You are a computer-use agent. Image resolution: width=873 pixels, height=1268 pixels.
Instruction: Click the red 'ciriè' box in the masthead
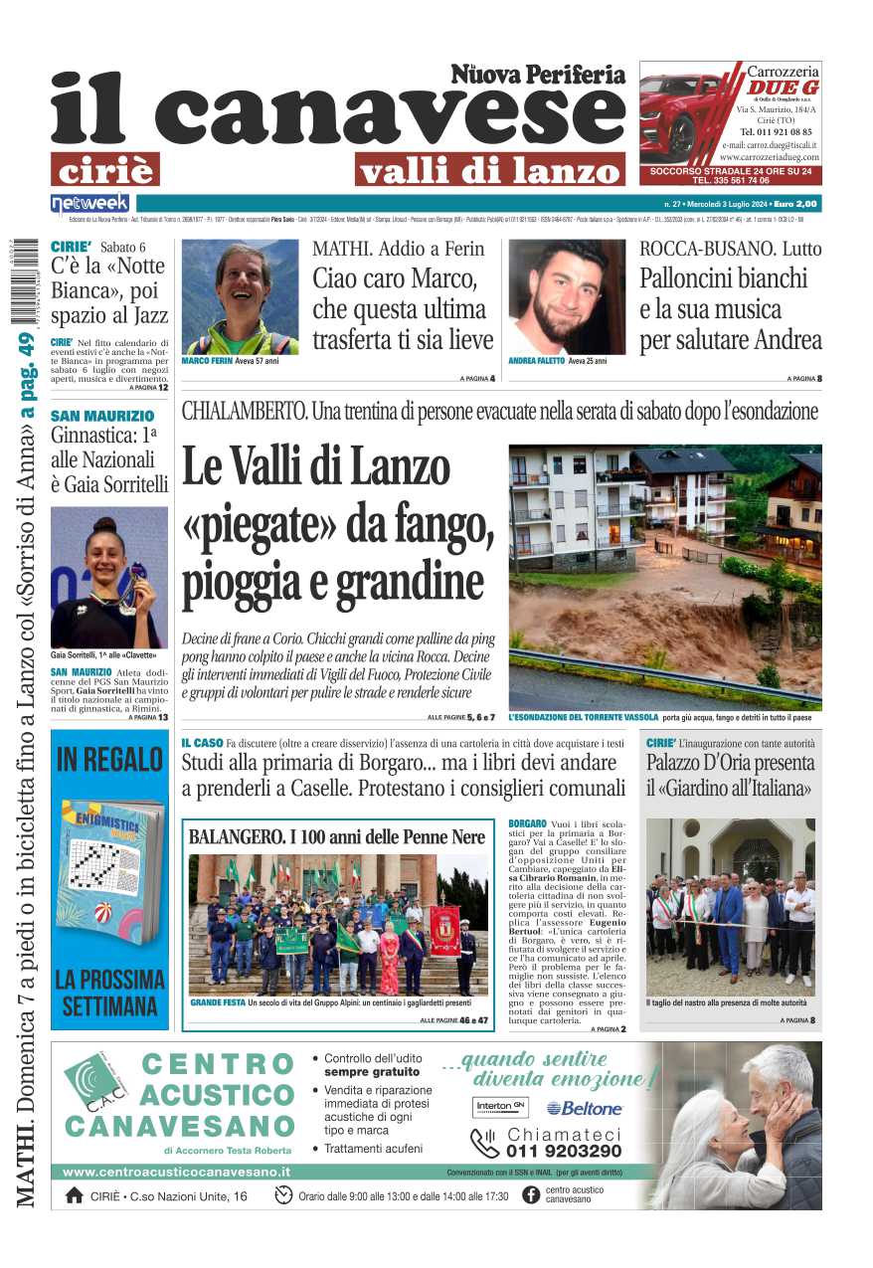[x=105, y=169]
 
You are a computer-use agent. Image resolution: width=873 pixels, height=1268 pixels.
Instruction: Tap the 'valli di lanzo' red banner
[x=489, y=169]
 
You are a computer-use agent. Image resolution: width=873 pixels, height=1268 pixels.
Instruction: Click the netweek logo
[x=89, y=203]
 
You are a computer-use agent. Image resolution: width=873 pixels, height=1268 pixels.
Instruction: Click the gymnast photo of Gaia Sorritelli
[x=108, y=577]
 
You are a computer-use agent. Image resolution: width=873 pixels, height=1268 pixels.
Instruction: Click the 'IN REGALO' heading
[x=109, y=760]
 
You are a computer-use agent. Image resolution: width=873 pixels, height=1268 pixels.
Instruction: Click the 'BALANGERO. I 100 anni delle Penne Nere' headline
[x=337, y=837]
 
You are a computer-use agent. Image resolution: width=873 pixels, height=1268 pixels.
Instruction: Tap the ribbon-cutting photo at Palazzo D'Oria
[x=730, y=905]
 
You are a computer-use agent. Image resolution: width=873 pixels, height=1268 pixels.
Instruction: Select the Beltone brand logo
[x=584, y=1108]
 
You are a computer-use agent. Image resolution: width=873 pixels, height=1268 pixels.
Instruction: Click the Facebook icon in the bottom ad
[x=531, y=1195]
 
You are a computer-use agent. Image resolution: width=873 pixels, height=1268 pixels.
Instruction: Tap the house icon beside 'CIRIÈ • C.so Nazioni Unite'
[x=74, y=1195]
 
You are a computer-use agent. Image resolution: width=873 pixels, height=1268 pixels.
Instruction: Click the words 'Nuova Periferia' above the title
[x=538, y=75]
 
